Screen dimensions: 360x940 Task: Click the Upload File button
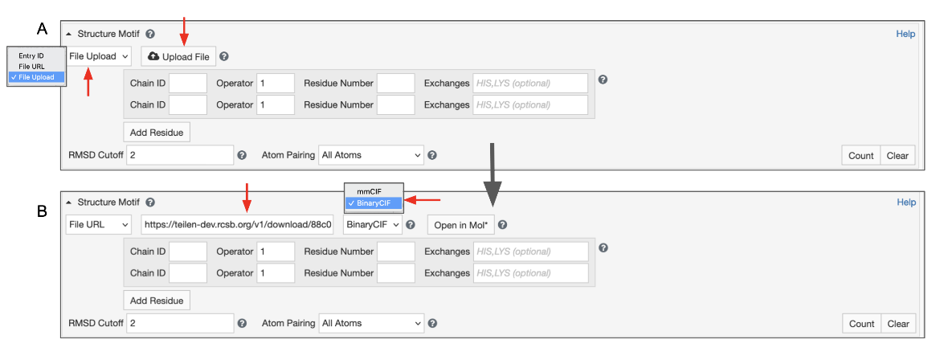coord(179,56)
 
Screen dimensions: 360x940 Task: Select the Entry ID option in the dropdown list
coord(31,55)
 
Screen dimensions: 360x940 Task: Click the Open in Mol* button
coord(460,225)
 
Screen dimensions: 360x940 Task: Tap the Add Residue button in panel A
coord(157,132)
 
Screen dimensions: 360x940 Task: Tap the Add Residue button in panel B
coord(157,301)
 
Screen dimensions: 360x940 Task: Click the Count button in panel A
coord(860,156)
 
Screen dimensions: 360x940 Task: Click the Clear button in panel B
coord(898,324)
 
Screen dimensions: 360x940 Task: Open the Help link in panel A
coord(905,34)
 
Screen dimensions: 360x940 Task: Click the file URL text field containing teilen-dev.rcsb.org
coord(238,225)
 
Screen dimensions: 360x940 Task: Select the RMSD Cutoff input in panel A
coord(178,154)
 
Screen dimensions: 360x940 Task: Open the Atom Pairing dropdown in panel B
coord(370,323)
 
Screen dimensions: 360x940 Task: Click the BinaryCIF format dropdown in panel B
coord(372,225)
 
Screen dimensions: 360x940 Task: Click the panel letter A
coord(43,29)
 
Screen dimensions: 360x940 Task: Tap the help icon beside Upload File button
coord(224,56)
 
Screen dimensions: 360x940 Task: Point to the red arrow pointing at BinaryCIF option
coord(423,201)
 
